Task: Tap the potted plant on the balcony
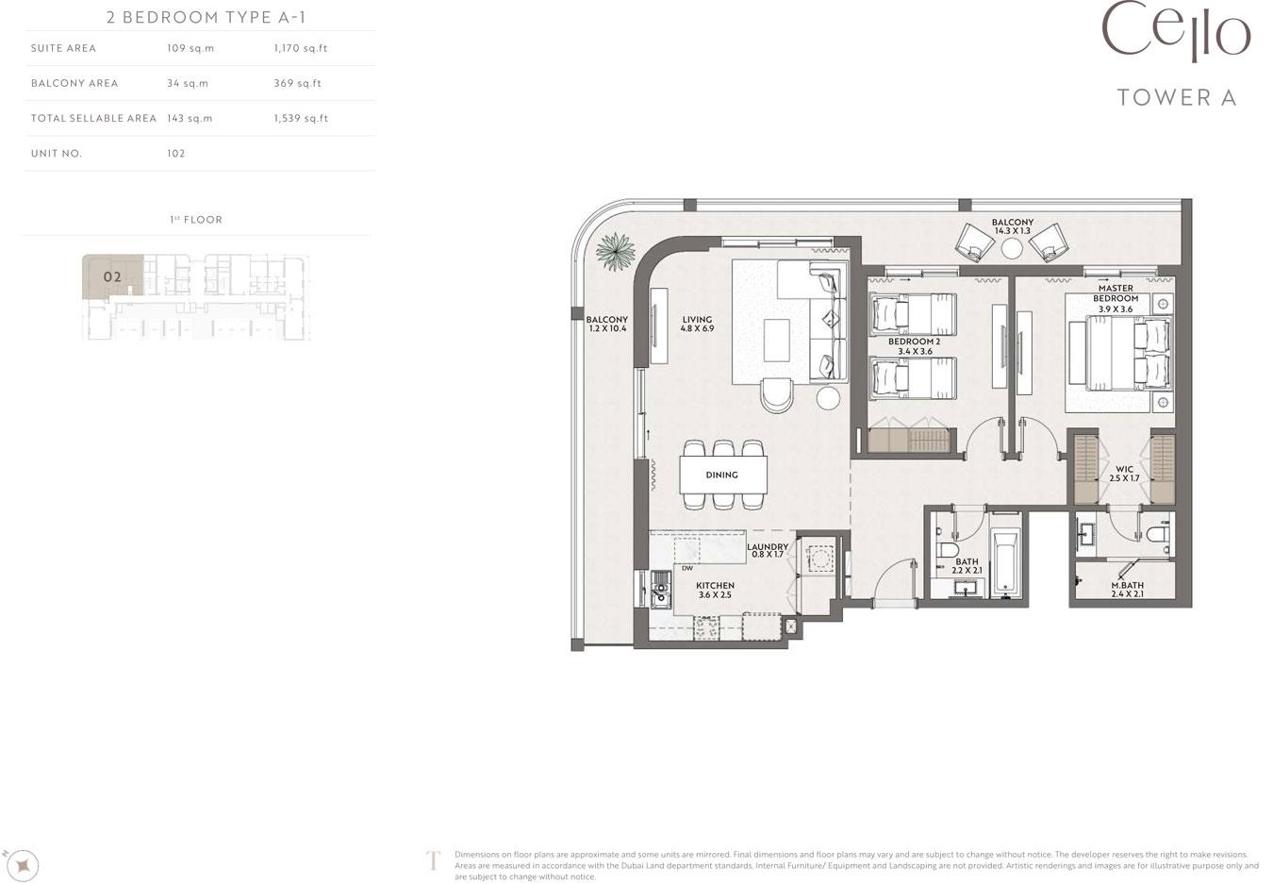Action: (x=616, y=251)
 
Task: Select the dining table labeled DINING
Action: (x=723, y=475)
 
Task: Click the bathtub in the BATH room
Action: (x=1006, y=564)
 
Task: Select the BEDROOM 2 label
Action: (x=915, y=346)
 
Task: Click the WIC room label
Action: (x=1124, y=474)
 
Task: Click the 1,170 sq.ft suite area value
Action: (x=301, y=48)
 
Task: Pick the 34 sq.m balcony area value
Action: (x=188, y=84)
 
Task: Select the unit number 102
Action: (x=176, y=154)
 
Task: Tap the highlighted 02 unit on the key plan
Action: (x=112, y=276)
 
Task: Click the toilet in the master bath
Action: (x=1157, y=534)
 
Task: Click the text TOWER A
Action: (x=1177, y=98)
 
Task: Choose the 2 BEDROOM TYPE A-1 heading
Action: (x=207, y=18)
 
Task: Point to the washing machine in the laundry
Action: (x=820, y=559)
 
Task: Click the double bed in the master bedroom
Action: (x=1128, y=354)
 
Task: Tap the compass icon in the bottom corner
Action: (x=23, y=866)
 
